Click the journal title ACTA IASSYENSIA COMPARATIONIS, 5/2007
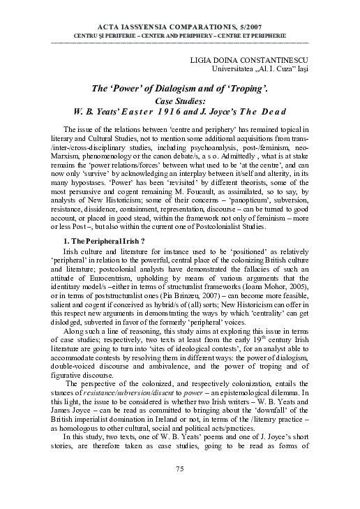(x=180, y=25)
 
